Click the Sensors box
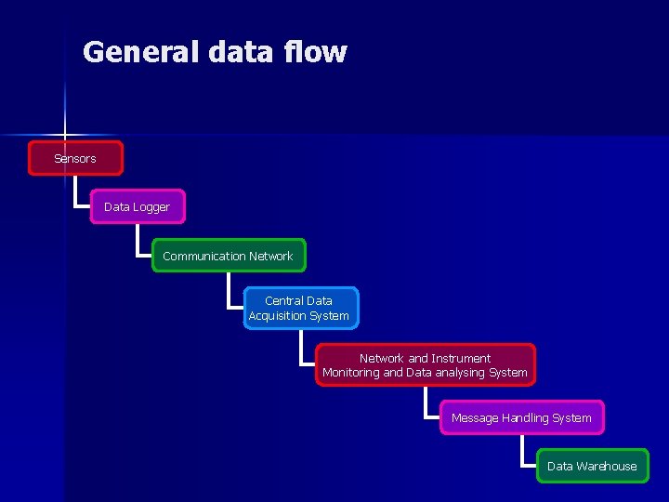pos(75,158)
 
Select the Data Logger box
pos(138,206)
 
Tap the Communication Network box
pos(228,256)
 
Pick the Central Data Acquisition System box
pos(299,308)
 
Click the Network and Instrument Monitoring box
pos(425,364)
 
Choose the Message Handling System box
pos(521,417)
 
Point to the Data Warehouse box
pos(592,466)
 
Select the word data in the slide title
pos(239,51)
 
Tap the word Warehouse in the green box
pos(607,466)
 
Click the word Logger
pos(151,206)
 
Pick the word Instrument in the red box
pos(461,358)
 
